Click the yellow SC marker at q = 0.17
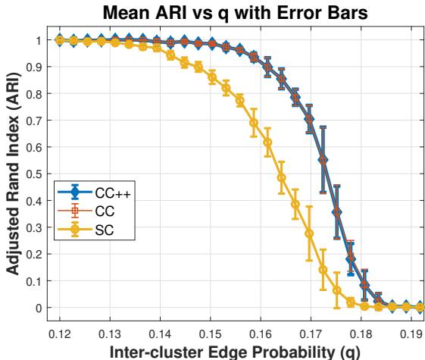(x=309, y=233)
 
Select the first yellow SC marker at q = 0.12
(x=60, y=40)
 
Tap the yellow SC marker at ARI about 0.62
(x=267, y=142)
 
